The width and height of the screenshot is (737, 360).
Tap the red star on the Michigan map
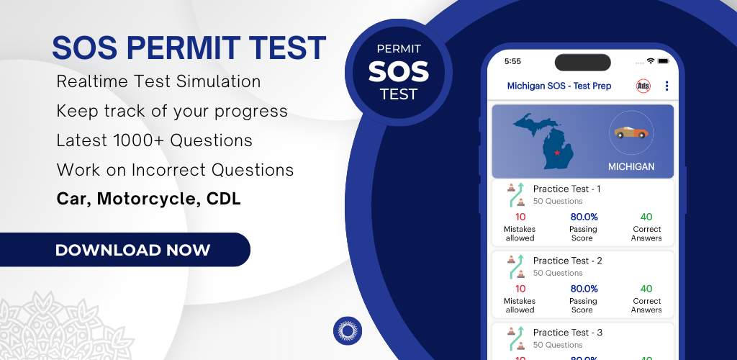[x=557, y=153]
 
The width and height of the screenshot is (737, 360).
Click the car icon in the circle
[x=631, y=132]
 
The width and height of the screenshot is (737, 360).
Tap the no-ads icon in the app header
[x=643, y=86]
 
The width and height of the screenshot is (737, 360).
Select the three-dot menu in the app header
[x=666, y=86]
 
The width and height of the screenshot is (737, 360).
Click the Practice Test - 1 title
[x=566, y=189]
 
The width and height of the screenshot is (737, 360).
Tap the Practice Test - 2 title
[x=567, y=261]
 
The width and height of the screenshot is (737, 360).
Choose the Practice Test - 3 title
[x=567, y=332]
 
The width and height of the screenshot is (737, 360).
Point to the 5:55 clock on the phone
[x=512, y=61]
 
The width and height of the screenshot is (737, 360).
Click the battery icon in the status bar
[x=663, y=61]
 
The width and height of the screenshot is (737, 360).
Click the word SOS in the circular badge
[x=399, y=71]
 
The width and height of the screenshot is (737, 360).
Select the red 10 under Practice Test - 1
[x=520, y=217]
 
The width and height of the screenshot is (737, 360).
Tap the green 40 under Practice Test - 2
[x=646, y=289]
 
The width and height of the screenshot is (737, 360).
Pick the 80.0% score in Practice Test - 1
[x=584, y=217]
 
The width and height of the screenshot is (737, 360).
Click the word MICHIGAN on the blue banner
[x=631, y=167]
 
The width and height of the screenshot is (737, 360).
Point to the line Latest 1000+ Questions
[x=154, y=140]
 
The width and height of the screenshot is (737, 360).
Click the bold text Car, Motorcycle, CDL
[x=148, y=199]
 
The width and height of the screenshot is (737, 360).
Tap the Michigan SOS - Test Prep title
[x=559, y=86]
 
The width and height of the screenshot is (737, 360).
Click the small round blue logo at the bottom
[x=348, y=331]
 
